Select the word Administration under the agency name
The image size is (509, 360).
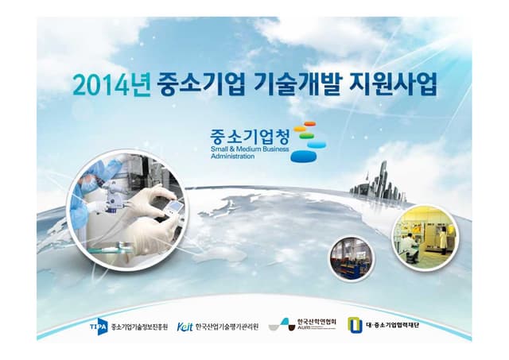233,157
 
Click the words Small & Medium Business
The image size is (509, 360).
247,149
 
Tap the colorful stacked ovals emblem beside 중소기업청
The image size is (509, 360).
303,141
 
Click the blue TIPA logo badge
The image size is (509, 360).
98,325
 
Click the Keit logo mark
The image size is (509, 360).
185,325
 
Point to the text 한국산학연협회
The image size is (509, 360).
317,321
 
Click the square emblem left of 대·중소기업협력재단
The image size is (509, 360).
354,324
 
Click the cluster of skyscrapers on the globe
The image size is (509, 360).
374,183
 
